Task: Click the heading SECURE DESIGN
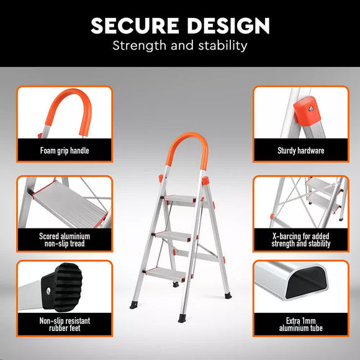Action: click(x=180, y=25)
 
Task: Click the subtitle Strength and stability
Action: click(x=180, y=45)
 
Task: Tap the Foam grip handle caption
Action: click(x=65, y=150)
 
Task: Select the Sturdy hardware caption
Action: click(x=300, y=150)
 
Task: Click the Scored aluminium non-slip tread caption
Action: click(x=65, y=240)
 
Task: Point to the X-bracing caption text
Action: click(x=300, y=240)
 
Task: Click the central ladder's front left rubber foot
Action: click(x=135, y=305)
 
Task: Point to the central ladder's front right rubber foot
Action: click(x=182, y=318)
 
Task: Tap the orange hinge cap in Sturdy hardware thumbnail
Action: click(x=304, y=110)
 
